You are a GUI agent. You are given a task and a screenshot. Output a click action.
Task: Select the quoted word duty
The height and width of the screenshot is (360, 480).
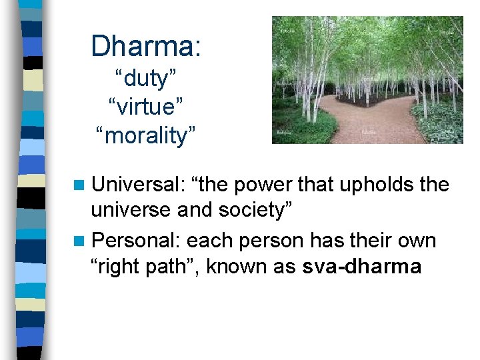point(146,79)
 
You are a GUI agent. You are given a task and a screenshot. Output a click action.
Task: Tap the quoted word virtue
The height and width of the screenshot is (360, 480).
point(146,107)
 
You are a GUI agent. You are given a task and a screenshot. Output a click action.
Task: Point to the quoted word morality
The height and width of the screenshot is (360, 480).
point(146,135)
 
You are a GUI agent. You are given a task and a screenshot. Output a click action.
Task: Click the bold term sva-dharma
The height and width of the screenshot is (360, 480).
point(362,267)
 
